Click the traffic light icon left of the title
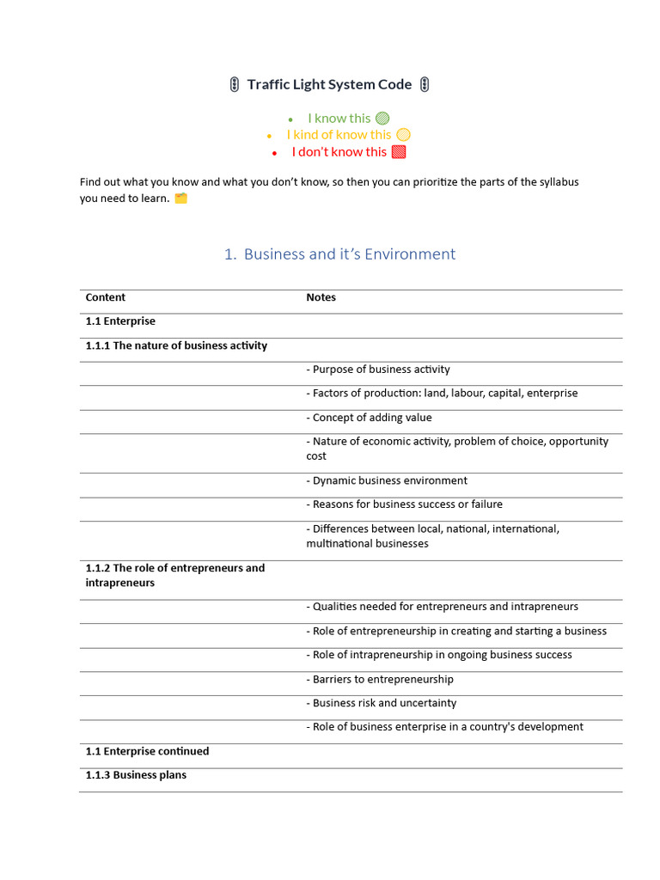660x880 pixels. (x=235, y=84)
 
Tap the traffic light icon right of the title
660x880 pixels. (x=425, y=84)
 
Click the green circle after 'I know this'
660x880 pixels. (x=382, y=119)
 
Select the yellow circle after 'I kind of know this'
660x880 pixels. (x=403, y=135)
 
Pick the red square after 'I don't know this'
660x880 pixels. (x=399, y=152)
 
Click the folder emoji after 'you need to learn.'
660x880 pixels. (x=180, y=199)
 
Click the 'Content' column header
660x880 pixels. (x=106, y=297)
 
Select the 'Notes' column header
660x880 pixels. (x=321, y=297)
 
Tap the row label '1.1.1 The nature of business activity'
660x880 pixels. (x=176, y=345)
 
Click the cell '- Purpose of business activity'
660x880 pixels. (x=378, y=370)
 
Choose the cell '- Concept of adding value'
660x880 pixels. (x=369, y=418)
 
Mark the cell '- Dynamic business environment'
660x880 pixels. (x=387, y=480)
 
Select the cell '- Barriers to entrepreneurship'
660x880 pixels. (x=379, y=679)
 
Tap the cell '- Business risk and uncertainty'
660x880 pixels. (x=381, y=703)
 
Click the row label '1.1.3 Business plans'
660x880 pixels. (x=136, y=775)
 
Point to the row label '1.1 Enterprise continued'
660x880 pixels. (x=147, y=751)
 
